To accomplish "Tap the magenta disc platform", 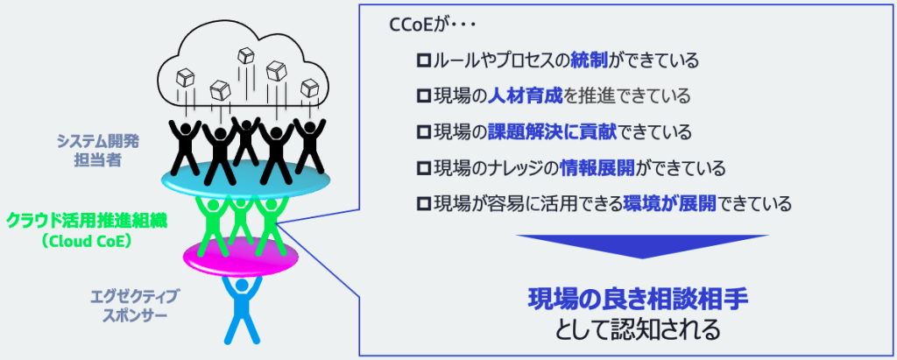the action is [x=241, y=258].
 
